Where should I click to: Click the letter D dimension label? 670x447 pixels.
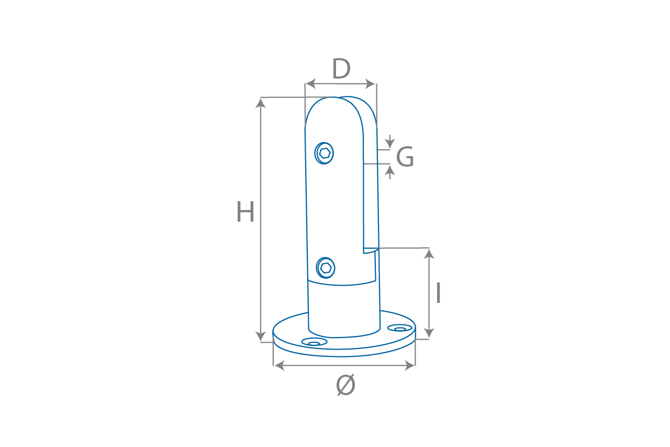click(x=341, y=69)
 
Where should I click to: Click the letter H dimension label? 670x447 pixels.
click(x=245, y=212)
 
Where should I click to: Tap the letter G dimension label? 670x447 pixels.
click(x=405, y=156)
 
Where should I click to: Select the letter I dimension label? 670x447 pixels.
click(x=439, y=292)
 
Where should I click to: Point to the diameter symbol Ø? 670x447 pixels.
click(x=346, y=385)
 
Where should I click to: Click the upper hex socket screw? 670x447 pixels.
click(x=324, y=153)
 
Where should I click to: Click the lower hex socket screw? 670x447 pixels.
click(x=326, y=268)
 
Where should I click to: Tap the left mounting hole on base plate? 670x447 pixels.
click(x=314, y=342)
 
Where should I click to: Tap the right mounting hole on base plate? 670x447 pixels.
click(x=400, y=328)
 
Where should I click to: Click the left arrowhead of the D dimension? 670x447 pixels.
click(x=310, y=84)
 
